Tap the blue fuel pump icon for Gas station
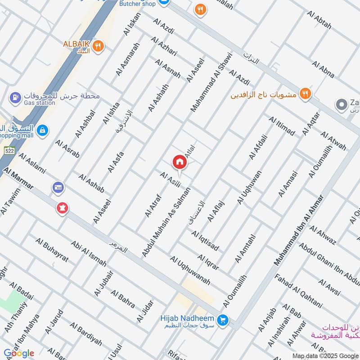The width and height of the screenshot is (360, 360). (15, 97)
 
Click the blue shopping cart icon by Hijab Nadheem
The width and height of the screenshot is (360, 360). (222, 320)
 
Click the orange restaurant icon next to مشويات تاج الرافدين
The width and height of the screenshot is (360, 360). (306, 93)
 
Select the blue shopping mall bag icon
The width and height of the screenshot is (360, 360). (43, 130)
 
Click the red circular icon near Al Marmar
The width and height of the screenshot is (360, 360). (61, 208)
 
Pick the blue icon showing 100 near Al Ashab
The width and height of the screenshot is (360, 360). (58, 187)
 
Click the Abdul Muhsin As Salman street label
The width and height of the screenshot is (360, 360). (166, 223)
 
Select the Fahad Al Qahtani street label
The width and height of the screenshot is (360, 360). (298, 291)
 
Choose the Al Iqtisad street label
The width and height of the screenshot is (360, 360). (205, 241)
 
